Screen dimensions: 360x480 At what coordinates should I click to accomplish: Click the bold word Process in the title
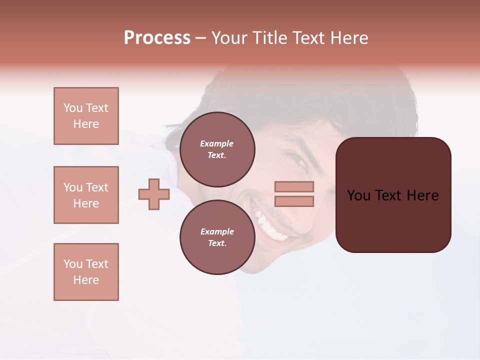(x=157, y=38)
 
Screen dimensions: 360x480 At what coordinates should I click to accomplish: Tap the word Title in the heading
(x=269, y=38)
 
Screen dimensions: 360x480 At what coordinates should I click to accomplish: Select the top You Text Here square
(x=86, y=116)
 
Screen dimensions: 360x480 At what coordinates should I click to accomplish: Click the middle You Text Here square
(x=86, y=195)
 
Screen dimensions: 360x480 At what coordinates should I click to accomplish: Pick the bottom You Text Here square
(x=86, y=272)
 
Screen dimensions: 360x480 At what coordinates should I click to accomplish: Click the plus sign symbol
(x=154, y=194)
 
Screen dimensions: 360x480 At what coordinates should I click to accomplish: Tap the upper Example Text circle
(x=217, y=149)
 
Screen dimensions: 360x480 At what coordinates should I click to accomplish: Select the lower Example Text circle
(x=217, y=237)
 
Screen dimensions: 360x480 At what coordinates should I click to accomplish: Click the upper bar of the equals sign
(x=294, y=187)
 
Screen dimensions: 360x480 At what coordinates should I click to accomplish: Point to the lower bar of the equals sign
(x=294, y=201)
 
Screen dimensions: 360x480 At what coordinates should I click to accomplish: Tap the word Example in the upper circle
(x=217, y=143)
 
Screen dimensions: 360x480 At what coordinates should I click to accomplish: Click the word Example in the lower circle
(x=217, y=231)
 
